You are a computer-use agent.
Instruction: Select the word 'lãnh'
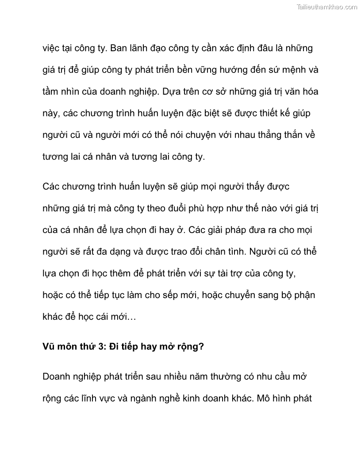tap(145, 48)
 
